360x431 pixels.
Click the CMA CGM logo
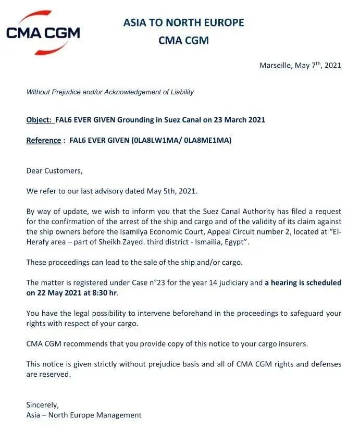coord(43,33)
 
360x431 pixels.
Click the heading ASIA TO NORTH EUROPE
coord(183,22)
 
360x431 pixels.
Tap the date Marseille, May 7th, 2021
coord(300,65)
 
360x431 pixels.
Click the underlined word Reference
coord(43,140)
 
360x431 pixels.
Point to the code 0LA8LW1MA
coord(152,140)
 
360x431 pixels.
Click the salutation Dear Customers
coord(54,170)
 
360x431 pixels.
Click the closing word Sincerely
coord(43,404)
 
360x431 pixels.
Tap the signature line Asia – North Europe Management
coord(84,415)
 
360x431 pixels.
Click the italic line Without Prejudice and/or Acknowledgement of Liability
coord(110,92)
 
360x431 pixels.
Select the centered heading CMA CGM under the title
coord(183,40)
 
